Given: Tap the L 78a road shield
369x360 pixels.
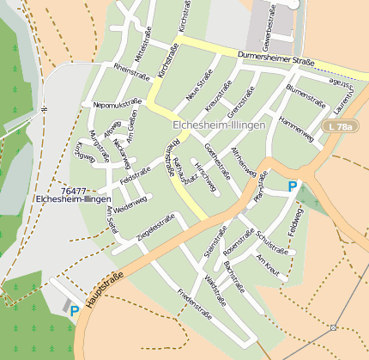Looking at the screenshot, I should pyautogui.click(x=342, y=127).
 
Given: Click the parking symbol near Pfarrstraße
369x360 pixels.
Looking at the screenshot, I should pyautogui.click(x=293, y=186).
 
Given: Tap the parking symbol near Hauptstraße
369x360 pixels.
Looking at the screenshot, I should pyautogui.click(x=75, y=310).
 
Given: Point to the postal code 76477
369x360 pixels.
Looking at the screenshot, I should pyautogui.click(x=75, y=191).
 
